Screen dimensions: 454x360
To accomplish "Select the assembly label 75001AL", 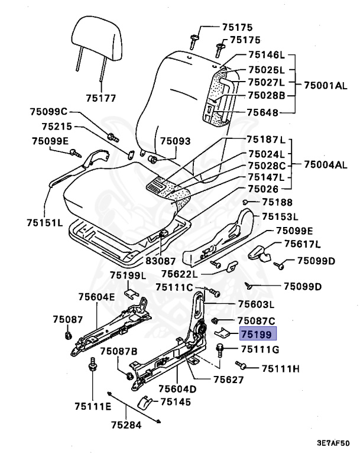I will click(x=326, y=85).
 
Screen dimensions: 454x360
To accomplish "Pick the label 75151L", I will click(x=44, y=223).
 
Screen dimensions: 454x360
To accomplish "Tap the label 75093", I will click(x=176, y=141).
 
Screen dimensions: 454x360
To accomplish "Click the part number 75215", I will click(x=57, y=126).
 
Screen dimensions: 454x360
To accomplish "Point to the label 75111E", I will click(x=93, y=406).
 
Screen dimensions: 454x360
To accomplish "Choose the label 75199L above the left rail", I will click(x=128, y=275).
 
